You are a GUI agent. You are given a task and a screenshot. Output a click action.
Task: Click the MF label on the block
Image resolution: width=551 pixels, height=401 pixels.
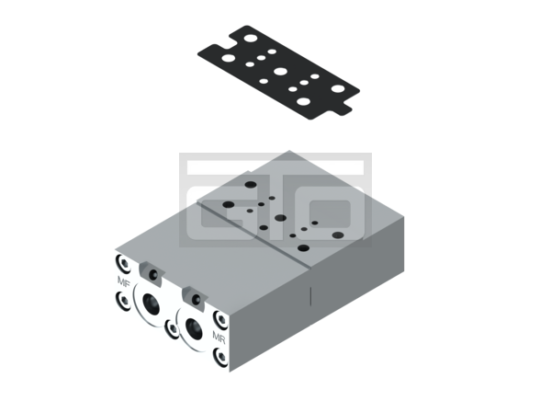click(x=124, y=281)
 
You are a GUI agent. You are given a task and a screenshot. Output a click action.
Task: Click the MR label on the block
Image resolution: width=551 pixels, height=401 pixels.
click(x=219, y=337)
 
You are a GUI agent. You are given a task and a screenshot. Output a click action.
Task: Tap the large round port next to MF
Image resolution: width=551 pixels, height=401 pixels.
click(x=151, y=304)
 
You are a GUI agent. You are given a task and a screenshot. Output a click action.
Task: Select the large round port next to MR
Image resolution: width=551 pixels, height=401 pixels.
click(x=194, y=329)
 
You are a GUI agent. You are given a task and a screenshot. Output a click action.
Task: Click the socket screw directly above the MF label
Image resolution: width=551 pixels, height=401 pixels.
click(x=123, y=263)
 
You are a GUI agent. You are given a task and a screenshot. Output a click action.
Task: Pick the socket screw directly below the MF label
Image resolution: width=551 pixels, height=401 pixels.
click(x=123, y=301)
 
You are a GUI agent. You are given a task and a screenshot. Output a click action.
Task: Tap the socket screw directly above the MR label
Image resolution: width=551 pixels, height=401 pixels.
click(x=220, y=320)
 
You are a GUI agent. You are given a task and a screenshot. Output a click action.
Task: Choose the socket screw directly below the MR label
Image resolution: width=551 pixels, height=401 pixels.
click(x=220, y=357)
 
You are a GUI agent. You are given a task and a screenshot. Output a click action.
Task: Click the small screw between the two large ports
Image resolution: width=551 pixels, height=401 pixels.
click(x=173, y=329)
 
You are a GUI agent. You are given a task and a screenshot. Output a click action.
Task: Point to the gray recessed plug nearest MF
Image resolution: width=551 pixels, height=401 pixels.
click(x=152, y=273)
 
